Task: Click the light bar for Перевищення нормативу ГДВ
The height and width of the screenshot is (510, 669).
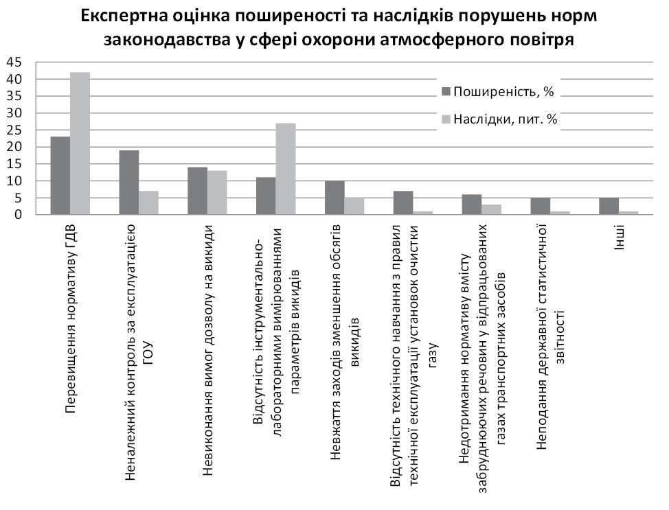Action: click(80, 143)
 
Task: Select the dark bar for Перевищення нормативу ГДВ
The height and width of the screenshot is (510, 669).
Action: click(60, 176)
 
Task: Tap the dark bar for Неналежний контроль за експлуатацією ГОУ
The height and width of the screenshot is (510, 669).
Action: click(129, 183)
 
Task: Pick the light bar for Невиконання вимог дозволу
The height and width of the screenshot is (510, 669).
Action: click(217, 193)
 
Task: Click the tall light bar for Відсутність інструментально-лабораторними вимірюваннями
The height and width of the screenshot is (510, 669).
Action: click(286, 169)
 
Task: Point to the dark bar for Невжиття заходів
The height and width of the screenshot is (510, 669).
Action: click(334, 198)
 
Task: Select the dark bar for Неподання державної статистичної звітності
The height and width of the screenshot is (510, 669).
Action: click(541, 207)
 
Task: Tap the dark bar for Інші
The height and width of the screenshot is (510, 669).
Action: click(609, 207)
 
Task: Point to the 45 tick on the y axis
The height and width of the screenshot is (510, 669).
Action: click(14, 62)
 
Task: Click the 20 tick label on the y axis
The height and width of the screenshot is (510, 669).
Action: click(14, 147)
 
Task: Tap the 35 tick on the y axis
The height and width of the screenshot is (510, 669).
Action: click(14, 96)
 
